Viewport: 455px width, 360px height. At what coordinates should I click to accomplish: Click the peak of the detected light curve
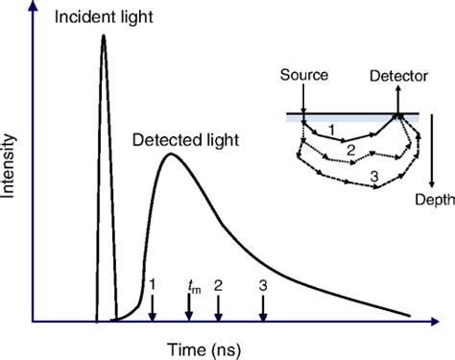click(171, 154)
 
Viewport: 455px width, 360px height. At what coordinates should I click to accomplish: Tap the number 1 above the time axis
click(152, 285)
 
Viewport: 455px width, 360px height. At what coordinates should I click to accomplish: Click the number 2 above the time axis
click(219, 285)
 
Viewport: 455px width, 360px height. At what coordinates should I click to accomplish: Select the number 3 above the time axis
click(263, 285)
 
